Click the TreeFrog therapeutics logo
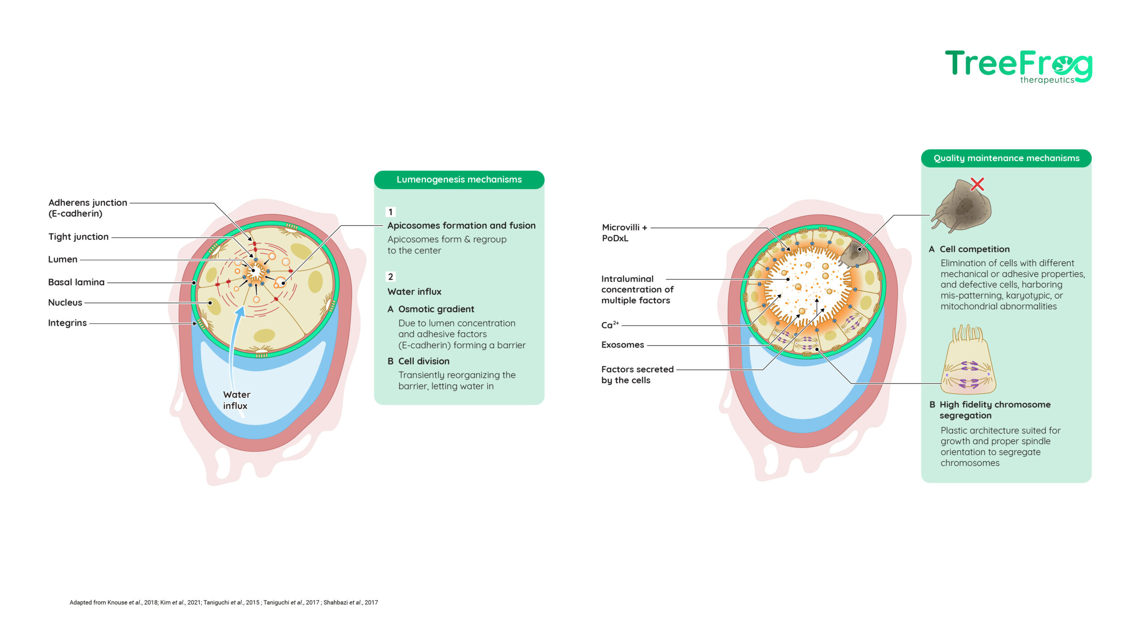pos(1018,67)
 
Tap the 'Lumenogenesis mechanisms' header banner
pos(459,180)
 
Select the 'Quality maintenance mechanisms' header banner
pos(1006,158)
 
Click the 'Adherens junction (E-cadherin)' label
pos(88,208)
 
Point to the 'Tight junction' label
pos(78,237)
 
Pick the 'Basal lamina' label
pos(76,282)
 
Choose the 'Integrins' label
pos(67,323)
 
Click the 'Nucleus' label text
pos(65,302)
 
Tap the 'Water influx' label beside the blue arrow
pos(237,400)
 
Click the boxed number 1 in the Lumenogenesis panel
pos(390,212)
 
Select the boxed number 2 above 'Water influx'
pos(390,277)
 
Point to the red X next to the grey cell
pos(977,184)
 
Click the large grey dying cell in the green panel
pos(962,206)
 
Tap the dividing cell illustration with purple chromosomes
pos(968,360)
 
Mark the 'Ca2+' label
pos(610,325)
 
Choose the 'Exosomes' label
pos(623,345)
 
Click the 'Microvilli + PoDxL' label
pos(624,233)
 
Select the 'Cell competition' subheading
pos(969,249)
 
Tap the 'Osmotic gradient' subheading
pos(431,309)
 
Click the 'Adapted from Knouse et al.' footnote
pos(224,602)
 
